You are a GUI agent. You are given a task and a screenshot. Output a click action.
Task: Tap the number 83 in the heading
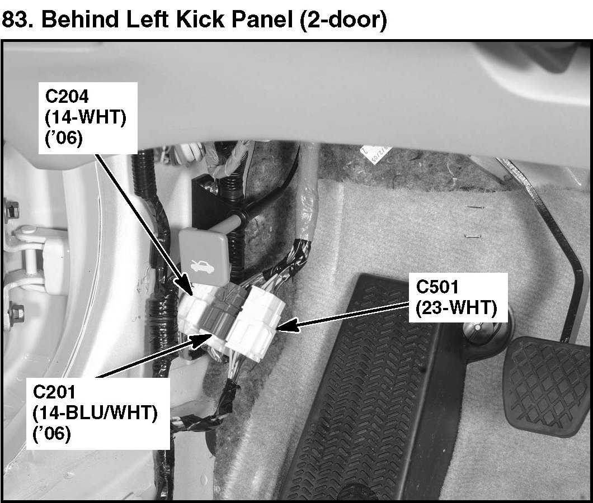(16, 21)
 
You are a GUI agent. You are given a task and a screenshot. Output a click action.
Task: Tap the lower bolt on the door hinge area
(16, 310)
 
